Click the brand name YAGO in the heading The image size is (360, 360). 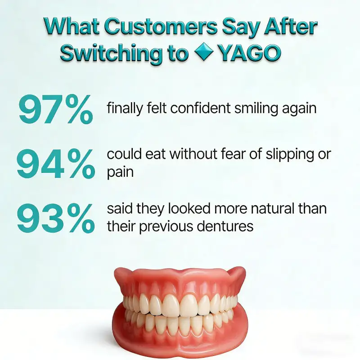pos(250,53)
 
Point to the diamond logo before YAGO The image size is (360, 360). pos(204,53)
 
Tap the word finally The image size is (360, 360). pos(124,109)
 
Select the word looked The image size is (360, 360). pos(182,209)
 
